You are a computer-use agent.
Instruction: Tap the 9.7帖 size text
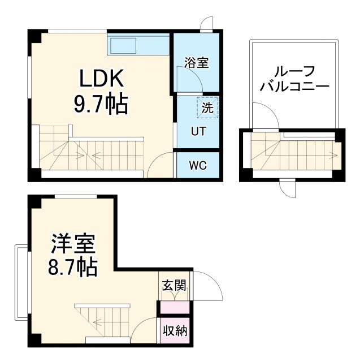[100, 104]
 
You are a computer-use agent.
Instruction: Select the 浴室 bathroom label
[196, 62]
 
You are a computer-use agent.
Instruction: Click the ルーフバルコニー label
[294, 80]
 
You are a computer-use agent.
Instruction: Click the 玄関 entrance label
[173, 286]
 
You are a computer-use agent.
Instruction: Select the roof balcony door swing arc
[264, 115]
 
